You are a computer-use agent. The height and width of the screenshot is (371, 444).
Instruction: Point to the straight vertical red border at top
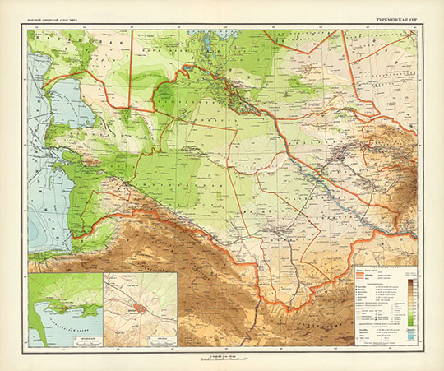[345, 58]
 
